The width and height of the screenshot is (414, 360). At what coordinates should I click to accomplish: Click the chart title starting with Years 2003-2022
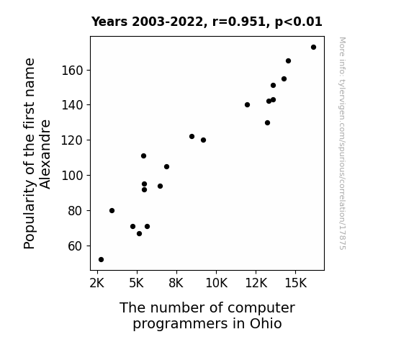(207, 22)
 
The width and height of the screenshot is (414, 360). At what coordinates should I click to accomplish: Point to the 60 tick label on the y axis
(76, 246)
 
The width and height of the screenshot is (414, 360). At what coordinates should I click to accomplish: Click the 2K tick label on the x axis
(97, 283)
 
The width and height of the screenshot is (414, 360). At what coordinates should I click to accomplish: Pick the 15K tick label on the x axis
(296, 283)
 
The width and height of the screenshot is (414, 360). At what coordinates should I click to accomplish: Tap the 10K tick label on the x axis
(216, 283)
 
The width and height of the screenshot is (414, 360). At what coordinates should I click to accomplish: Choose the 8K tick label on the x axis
(176, 283)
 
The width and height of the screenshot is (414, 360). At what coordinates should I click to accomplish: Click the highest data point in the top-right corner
(313, 48)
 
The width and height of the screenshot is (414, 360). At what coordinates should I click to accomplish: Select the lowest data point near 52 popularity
(101, 260)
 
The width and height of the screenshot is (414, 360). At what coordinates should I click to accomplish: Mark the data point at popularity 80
(112, 210)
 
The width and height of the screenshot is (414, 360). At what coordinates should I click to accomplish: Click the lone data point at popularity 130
(267, 123)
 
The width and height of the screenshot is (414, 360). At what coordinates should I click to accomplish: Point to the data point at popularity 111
(143, 156)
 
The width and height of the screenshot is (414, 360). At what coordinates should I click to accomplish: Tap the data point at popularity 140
(247, 105)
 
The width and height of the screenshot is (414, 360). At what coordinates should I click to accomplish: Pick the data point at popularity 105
(166, 166)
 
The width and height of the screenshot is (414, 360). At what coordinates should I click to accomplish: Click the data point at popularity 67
(139, 234)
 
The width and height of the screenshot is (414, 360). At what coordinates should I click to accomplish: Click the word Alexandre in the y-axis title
(45, 155)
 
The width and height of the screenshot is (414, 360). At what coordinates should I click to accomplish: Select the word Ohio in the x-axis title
(266, 323)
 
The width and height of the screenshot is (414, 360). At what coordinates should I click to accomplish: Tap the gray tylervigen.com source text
(342, 143)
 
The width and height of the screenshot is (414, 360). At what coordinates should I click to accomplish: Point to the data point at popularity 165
(288, 61)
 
